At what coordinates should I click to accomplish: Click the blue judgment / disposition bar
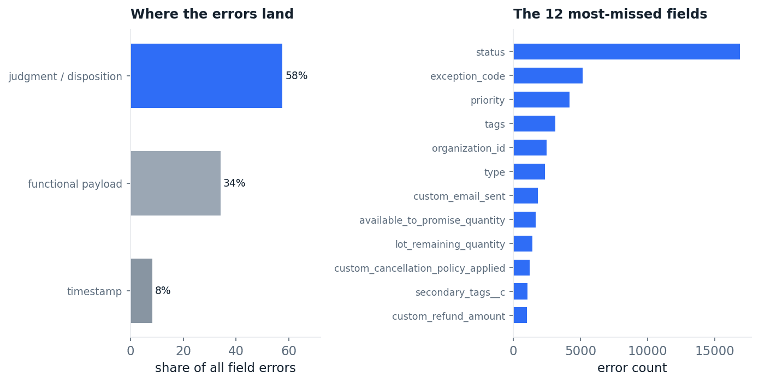tap(206, 76)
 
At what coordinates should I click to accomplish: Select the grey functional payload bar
tap(175, 183)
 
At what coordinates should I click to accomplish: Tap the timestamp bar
tap(141, 291)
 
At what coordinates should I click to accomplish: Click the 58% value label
tap(297, 75)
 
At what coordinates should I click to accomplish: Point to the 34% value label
tap(234, 183)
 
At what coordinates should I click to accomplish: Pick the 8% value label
tap(163, 291)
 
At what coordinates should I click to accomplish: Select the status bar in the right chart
tap(626, 51)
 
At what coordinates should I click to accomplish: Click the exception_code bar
tap(548, 75)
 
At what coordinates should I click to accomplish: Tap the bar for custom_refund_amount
tap(520, 315)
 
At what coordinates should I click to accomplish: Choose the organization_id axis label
tap(469, 148)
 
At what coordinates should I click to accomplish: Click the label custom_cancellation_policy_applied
tap(419, 268)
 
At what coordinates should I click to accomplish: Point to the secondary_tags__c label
tap(460, 292)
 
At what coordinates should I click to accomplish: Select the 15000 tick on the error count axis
tap(715, 351)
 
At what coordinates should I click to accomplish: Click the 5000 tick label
tap(580, 351)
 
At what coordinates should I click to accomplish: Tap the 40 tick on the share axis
tap(236, 351)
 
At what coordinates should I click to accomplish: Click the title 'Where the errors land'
tap(212, 14)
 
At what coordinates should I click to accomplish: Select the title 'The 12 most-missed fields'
tap(610, 14)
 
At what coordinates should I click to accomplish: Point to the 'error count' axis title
tap(632, 368)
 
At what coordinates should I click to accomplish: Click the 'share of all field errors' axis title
tap(226, 368)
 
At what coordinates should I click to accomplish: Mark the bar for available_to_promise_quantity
tap(525, 219)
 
